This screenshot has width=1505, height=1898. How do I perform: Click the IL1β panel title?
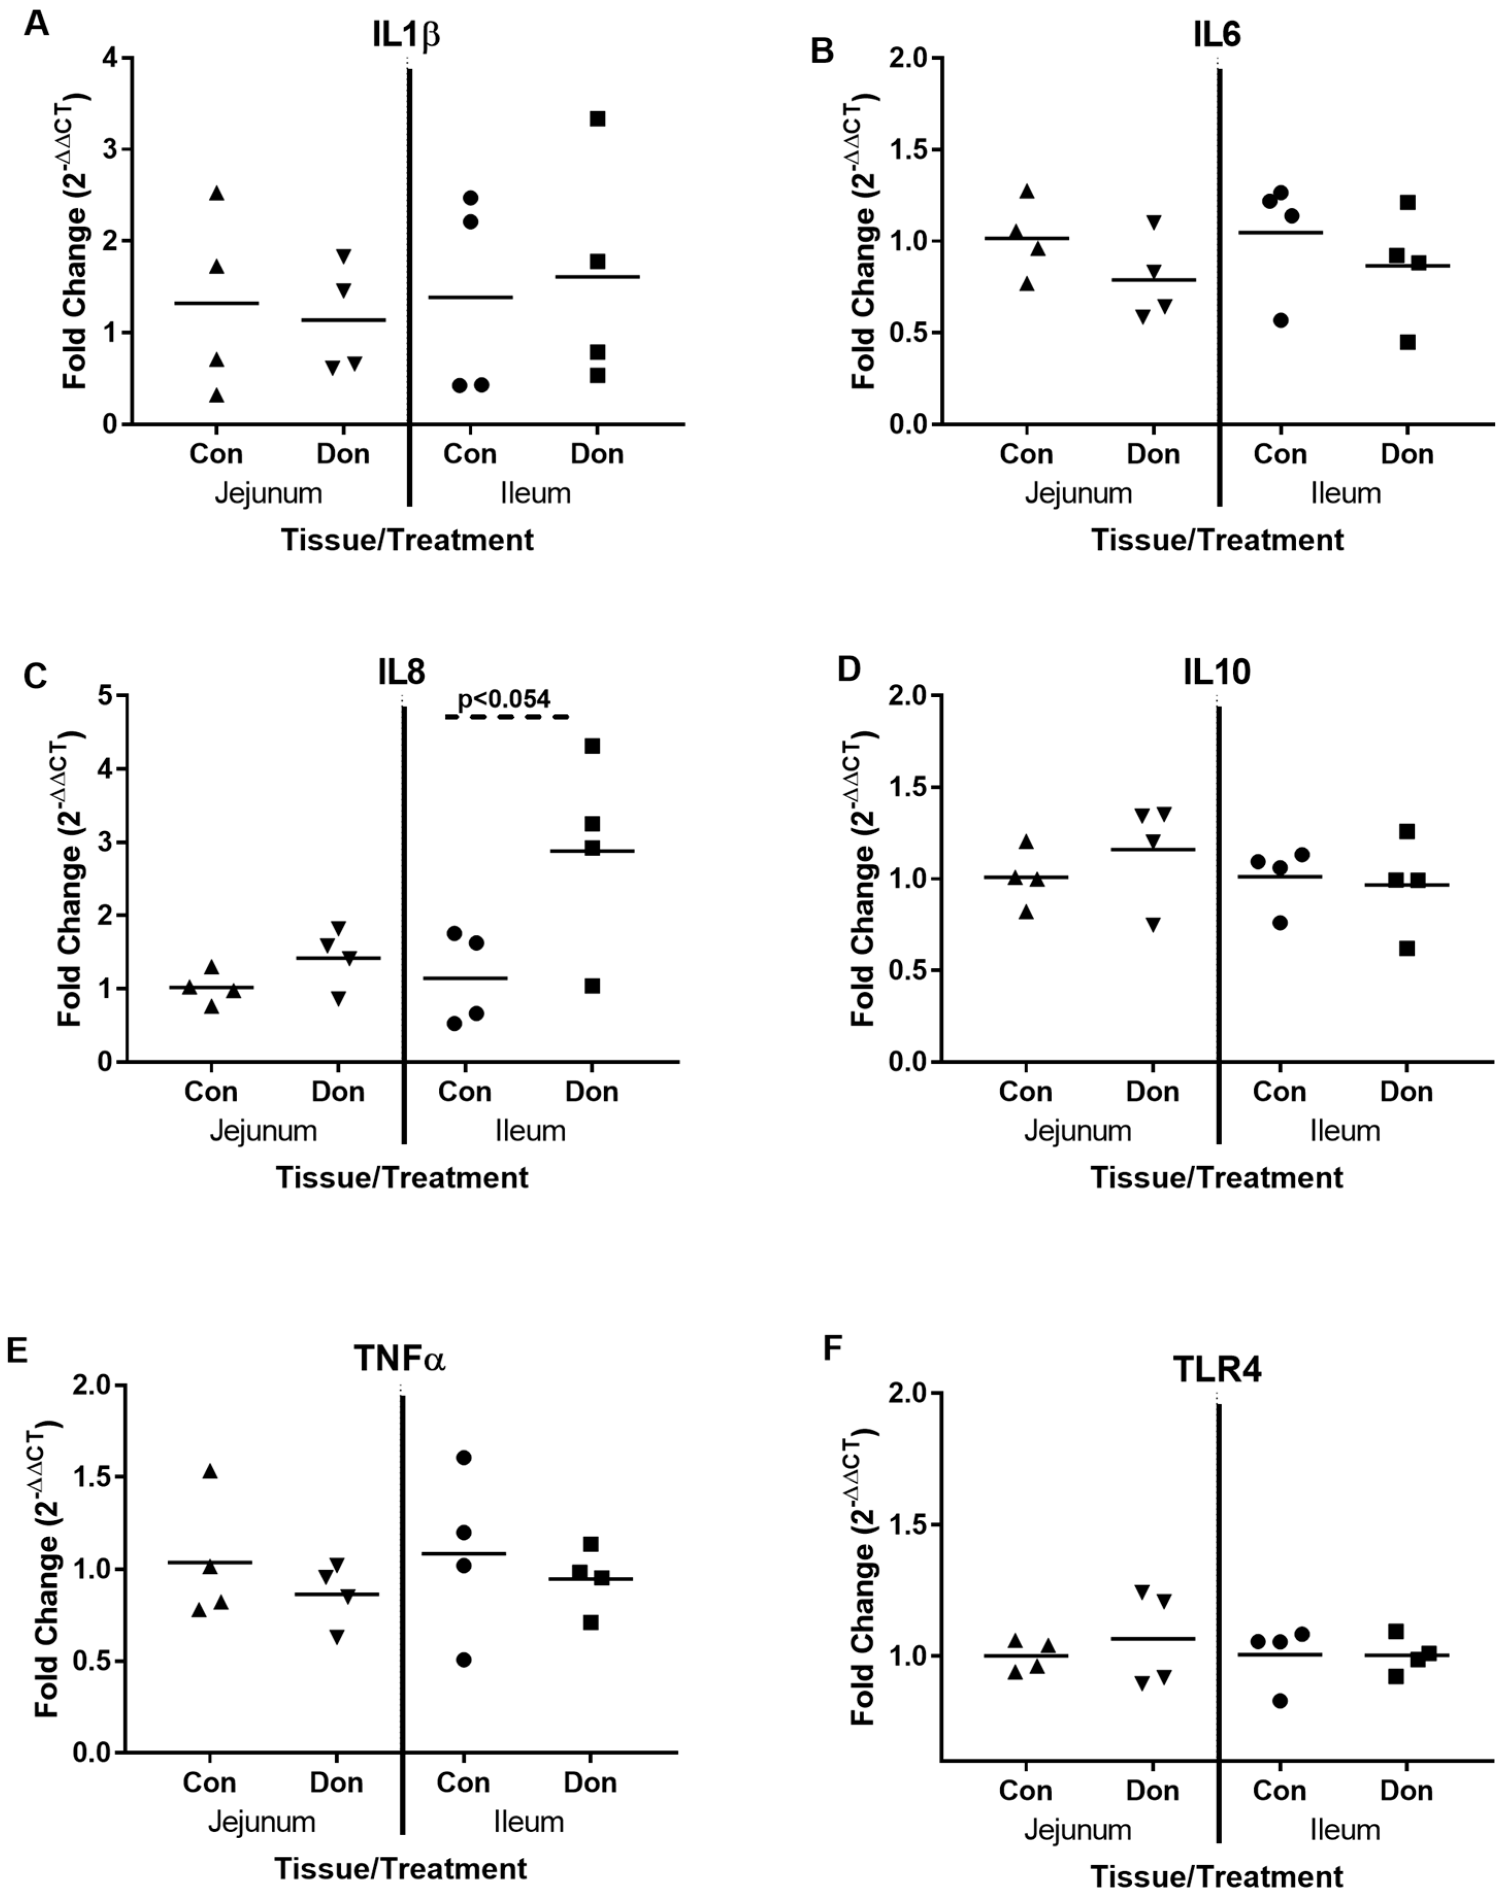coord(406,35)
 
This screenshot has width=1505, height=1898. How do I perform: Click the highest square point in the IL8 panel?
coord(592,747)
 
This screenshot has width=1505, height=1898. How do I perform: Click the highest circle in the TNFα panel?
coord(463,1458)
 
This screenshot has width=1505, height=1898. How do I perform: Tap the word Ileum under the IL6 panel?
coord(1345,493)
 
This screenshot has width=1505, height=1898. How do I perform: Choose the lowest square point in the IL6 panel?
coord(1407,343)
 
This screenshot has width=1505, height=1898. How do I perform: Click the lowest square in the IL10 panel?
coord(1407,948)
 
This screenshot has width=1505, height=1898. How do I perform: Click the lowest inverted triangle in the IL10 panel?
coord(1153,925)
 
